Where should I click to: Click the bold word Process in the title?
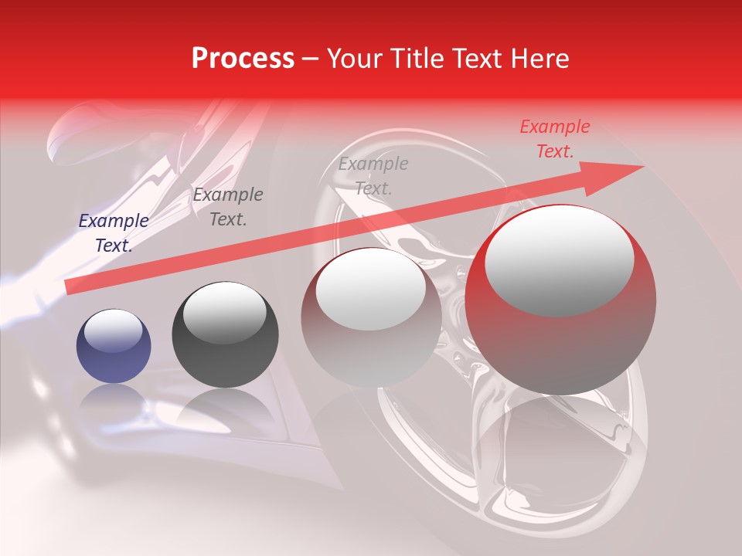(x=243, y=59)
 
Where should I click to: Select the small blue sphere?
(x=114, y=347)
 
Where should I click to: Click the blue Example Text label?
(x=114, y=233)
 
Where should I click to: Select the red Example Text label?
(x=555, y=139)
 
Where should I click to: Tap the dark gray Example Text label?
(x=228, y=207)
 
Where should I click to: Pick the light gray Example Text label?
(x=373, y=176)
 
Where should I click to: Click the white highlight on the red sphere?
(x=560, y=259)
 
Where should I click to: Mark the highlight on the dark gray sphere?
(x=224, y=313)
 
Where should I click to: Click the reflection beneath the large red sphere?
(x=560, y=448)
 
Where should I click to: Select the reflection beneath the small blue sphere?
(x=114, y=402)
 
